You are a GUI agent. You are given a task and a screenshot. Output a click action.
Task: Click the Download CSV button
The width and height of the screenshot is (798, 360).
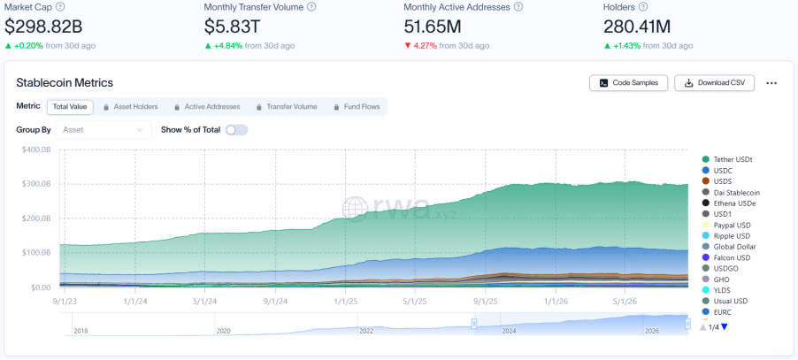[x=714, y=83]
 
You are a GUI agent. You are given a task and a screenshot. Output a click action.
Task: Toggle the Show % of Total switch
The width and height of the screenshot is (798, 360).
[x=236, y=130]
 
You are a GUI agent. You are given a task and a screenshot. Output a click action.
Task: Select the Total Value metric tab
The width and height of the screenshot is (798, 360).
[x=70, y=107]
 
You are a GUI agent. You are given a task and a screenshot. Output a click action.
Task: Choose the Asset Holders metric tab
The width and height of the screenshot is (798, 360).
[x=130, y=107]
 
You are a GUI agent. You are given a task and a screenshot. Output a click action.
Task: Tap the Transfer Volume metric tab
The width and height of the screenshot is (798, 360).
[x=287, y=107]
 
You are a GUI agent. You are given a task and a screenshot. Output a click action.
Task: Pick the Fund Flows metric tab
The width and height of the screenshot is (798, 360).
[x=357, y=107]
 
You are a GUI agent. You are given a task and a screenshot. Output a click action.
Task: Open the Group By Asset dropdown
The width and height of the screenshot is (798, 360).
[x=104, y=130]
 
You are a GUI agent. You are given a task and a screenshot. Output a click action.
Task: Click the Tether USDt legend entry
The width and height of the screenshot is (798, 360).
[x=727, y=159]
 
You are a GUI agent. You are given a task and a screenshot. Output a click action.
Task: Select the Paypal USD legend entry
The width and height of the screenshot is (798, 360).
[x=726, y=225]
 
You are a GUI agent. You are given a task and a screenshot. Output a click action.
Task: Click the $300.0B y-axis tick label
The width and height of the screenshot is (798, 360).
[x=36, y=184]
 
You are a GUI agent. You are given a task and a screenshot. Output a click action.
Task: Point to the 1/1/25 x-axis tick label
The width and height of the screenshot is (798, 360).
[x=345, y=301]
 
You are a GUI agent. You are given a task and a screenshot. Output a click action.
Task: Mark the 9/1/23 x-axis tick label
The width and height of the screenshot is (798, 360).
[x=65, y=301]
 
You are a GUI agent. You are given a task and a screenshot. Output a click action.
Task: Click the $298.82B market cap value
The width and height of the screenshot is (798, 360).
[x=43, y=26]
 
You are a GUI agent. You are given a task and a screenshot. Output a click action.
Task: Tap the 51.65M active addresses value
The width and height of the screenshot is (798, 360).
[x=435, y=26]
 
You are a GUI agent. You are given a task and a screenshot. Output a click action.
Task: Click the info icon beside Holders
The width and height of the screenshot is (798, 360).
[x=643, y=7]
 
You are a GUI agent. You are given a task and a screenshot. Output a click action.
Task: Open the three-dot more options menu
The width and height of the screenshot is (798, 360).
[x=771, y=83]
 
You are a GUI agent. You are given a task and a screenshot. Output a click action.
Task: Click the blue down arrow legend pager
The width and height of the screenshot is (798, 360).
[x=725, y=327]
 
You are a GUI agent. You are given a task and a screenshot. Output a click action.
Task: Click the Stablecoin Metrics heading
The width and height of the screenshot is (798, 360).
[x=65, y=82]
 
